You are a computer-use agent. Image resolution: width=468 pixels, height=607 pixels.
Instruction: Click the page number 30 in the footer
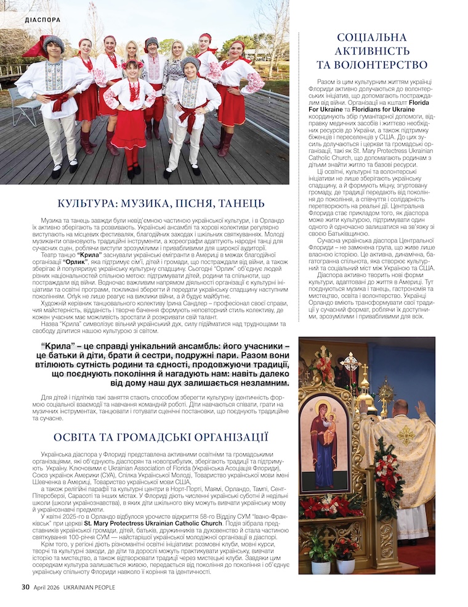(25, 587)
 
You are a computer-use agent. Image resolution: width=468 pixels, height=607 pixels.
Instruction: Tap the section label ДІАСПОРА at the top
(43, 19)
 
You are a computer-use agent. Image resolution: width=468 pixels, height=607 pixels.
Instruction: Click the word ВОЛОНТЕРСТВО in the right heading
(372, 65)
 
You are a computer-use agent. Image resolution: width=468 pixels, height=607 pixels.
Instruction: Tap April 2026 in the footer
(46, 587)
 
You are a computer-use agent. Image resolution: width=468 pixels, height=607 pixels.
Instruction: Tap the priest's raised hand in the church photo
(421, 407)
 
